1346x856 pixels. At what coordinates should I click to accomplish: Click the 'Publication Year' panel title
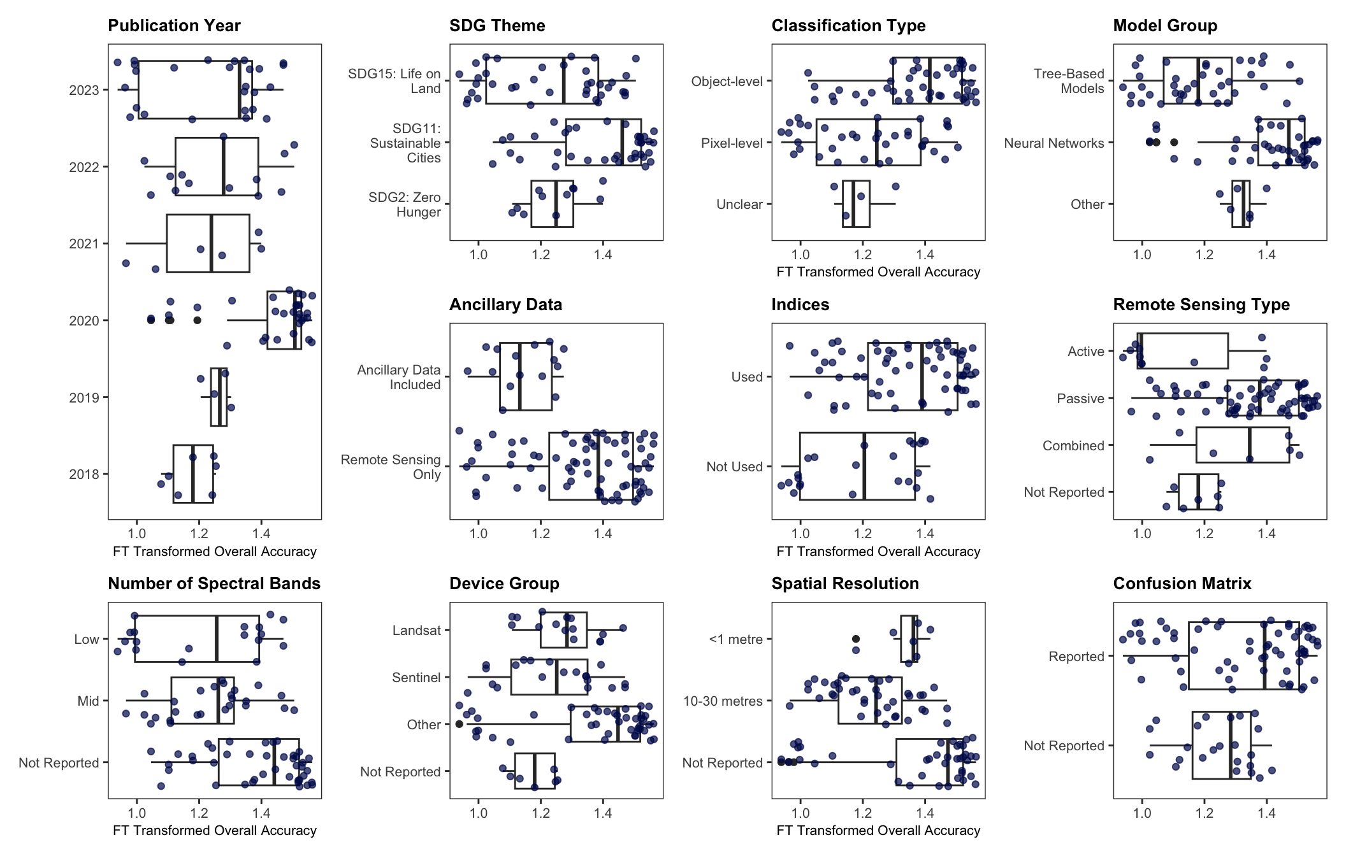coord(174,25)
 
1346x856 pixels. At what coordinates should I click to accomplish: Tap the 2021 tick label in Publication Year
coord(84,244)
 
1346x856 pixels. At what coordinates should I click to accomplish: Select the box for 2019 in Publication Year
coord(219,397)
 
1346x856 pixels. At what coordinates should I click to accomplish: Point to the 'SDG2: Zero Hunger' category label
coord(405,204)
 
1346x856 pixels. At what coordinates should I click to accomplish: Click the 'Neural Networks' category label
coord(1054,143)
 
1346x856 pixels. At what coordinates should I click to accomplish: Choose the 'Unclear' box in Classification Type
coord(856,204)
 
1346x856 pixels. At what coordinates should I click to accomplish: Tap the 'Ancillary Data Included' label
coord(399,377)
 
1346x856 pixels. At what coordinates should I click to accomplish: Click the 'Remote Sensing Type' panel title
coord(1201,304)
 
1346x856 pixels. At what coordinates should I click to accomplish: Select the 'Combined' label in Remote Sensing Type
coord(1073,446)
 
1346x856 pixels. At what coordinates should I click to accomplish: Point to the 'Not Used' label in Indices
coord(734,467)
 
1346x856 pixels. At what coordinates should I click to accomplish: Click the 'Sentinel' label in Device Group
coord(416,678)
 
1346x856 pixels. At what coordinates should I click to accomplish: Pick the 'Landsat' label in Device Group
coord(417,631)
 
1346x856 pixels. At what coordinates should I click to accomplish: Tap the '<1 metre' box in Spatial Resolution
coord(909,639)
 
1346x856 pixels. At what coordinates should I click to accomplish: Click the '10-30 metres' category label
coord(723,701)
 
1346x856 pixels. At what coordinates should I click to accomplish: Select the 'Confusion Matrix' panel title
coord(1182,583)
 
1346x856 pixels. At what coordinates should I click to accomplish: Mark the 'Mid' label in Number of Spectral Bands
coord(88,701)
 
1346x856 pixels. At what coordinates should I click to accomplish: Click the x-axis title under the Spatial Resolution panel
coord(878,831)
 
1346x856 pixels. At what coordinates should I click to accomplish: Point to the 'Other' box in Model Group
coord(1241,204)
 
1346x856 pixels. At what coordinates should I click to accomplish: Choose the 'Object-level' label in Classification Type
coord(727,82)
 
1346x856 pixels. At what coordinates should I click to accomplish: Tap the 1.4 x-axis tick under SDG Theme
coord(603,255)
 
